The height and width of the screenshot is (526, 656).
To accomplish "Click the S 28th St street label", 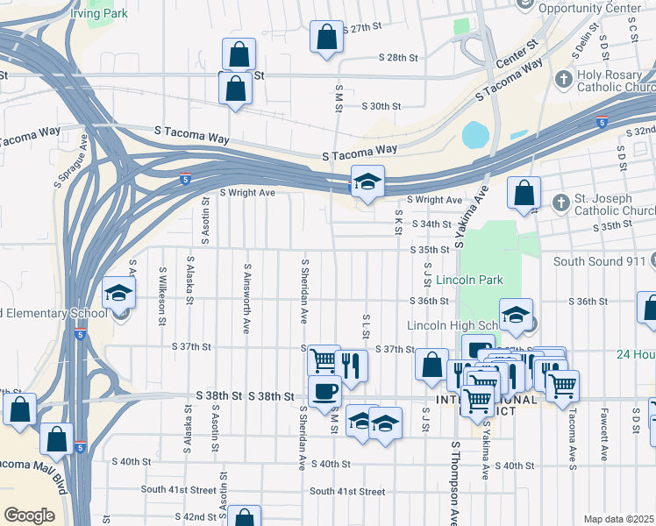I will tap(399, 58).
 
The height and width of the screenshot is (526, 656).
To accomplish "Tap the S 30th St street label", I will tap(381, 106).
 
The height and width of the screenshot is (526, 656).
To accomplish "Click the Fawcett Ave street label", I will tap(603, 434).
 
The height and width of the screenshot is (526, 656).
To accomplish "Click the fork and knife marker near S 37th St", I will tap(351, 365).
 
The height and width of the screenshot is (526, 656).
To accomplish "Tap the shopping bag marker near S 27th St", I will tap(326, 38).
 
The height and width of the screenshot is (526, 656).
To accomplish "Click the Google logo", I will tap(30, 515).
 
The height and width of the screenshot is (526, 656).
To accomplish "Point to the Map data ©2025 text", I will tap(618, 519).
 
